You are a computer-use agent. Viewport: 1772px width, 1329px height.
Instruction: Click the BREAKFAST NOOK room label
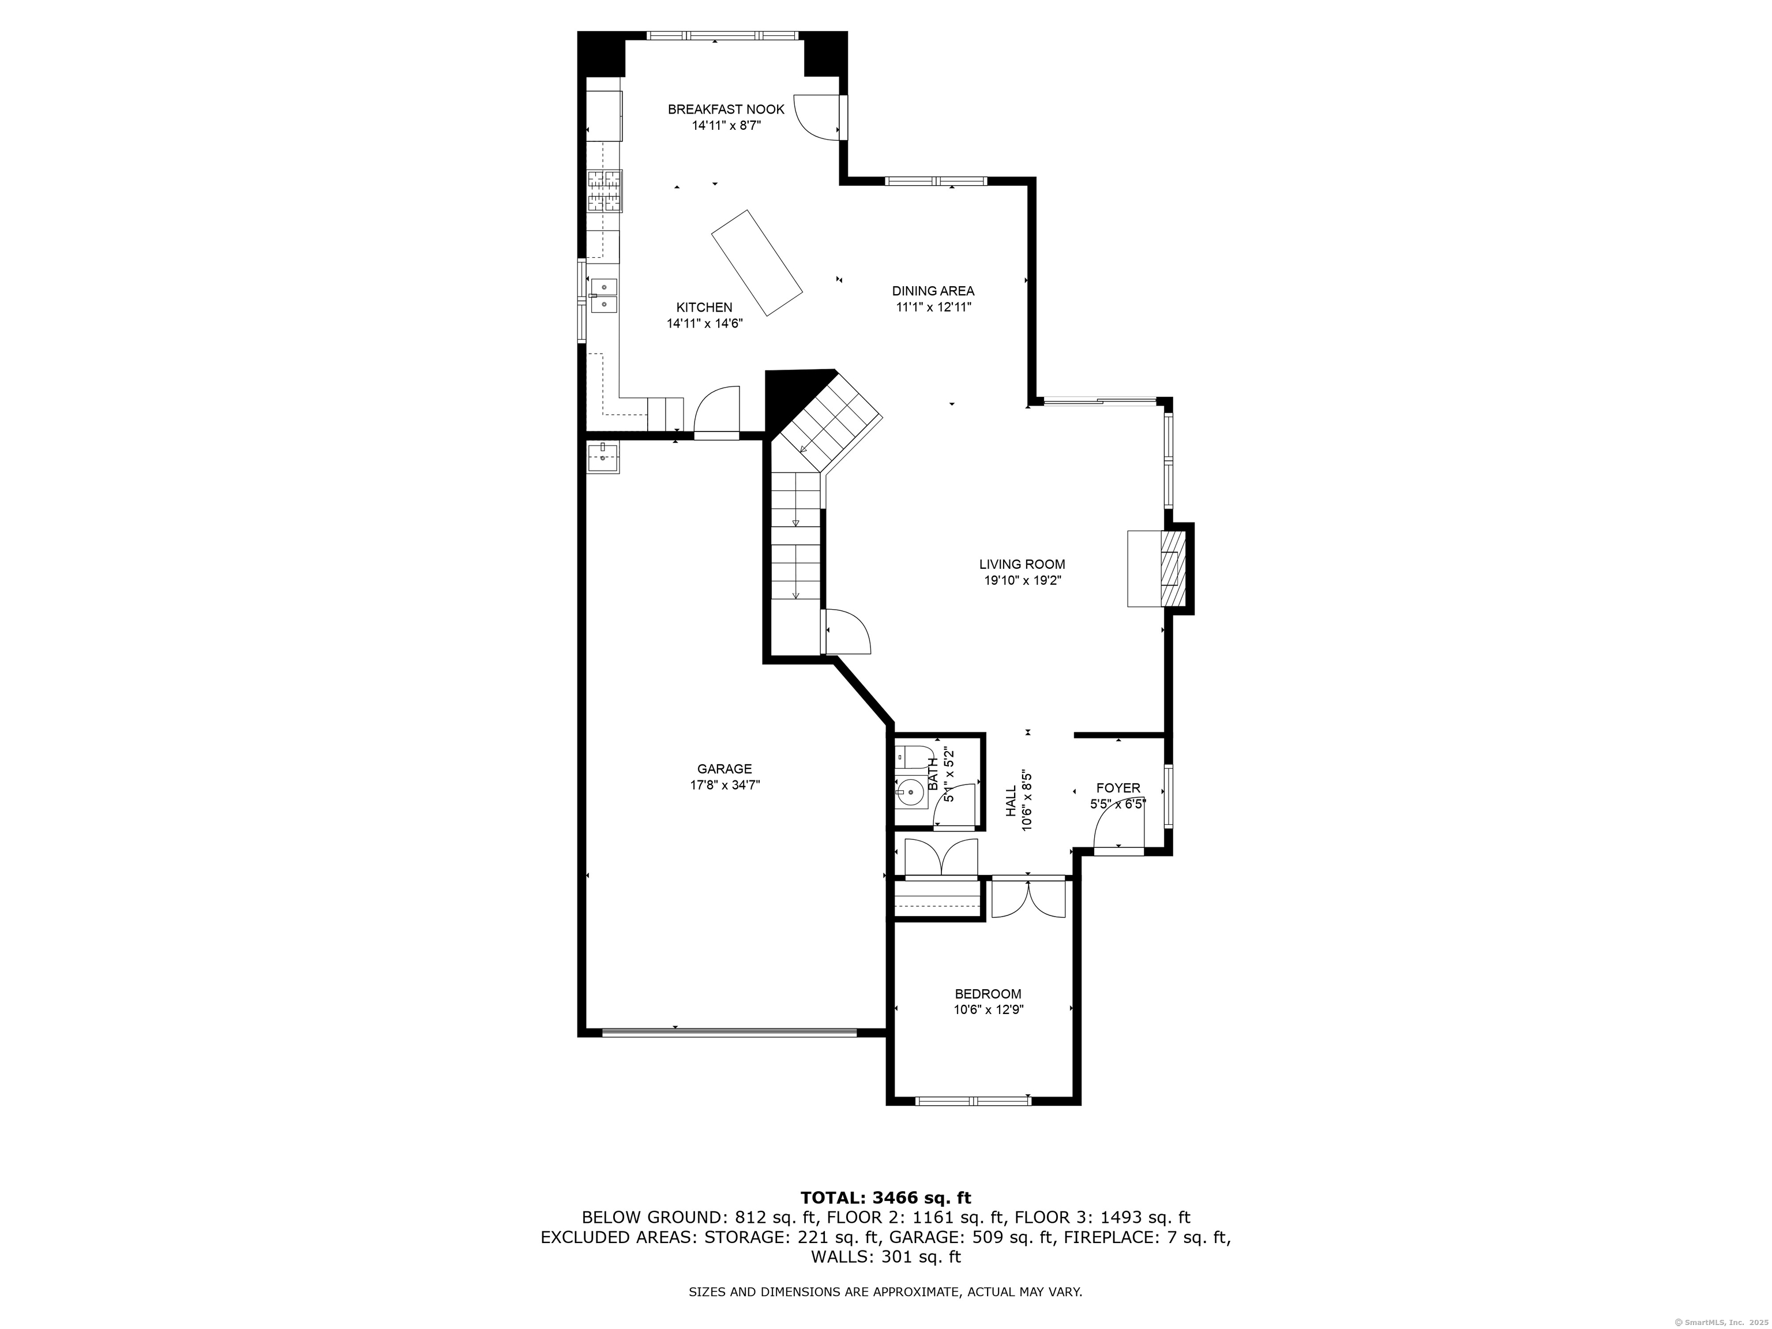pos(726,109)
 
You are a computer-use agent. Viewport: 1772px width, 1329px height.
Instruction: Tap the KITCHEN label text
pos(704,307)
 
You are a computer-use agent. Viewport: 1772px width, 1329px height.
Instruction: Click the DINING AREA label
pos(933,291)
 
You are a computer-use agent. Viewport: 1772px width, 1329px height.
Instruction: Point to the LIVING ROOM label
pos(1022,564)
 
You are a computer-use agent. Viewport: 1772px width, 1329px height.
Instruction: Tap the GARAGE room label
pos(724,768)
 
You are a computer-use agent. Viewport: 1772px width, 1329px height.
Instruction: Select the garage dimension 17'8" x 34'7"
pos(725,785)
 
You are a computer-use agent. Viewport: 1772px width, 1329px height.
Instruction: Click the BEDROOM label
pos(988,993)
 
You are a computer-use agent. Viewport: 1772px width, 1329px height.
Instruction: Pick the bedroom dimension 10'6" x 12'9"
pos(989,1010)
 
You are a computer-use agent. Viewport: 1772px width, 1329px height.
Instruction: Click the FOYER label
pos(1118,789)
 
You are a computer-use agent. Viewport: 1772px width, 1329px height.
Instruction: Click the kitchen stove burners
pos(605,191)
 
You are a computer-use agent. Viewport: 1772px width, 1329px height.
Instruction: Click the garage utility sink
pos(602,457)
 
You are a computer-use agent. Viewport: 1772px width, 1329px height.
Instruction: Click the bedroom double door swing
pos(1028,898)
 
